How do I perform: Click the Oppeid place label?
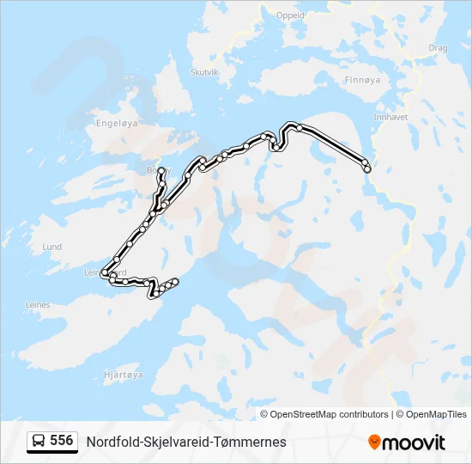(290, 15)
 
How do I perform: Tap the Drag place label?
(438, 48)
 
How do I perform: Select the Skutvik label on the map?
(204, 73)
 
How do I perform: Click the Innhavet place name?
(390, 116)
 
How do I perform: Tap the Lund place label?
(52, 247)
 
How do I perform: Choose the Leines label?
(38, 304)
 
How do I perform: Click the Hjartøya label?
(121, 375)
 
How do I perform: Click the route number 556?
(61, 441)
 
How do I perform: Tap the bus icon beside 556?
(39, 442)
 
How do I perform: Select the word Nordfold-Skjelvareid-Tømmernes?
(186, 442)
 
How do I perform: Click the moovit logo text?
(414, 443)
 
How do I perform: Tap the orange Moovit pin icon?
(374, 442)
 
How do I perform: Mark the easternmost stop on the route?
(367, 168)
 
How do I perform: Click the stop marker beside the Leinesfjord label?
(105, 273)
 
